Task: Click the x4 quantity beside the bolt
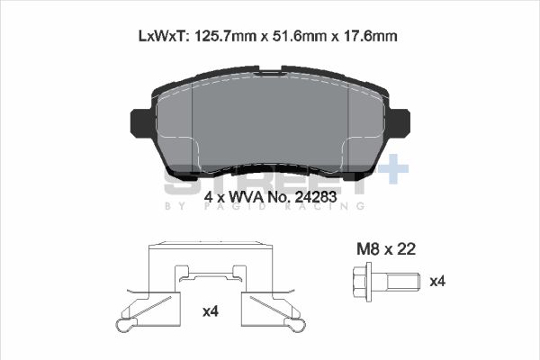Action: point(436,282)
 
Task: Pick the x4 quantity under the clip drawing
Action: point(211,311)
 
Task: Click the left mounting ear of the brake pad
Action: point(141,122)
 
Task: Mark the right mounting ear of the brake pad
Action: point(400,122)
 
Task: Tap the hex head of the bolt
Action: point(364,282)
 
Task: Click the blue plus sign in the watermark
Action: point(392,171)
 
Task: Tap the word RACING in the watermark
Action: point(330,207)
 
